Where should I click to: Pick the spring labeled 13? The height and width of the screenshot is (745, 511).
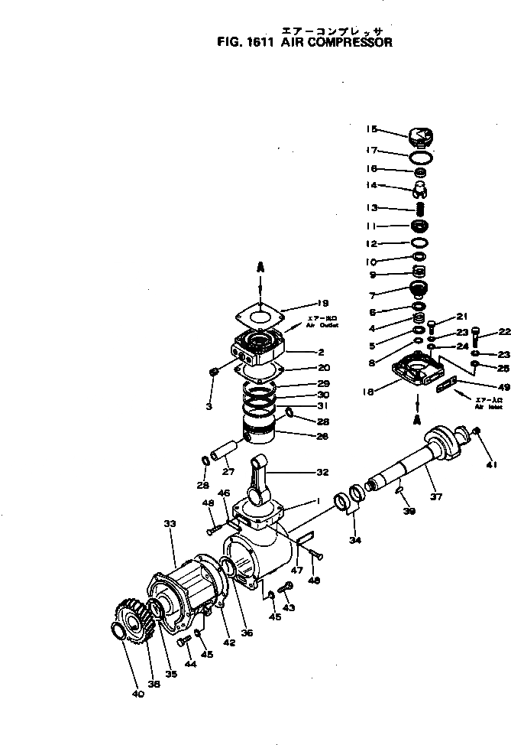pos(419,207)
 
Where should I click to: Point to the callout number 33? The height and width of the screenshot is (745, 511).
pos(170,524)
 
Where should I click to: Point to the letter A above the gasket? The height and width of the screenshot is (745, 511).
pos(260,268)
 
